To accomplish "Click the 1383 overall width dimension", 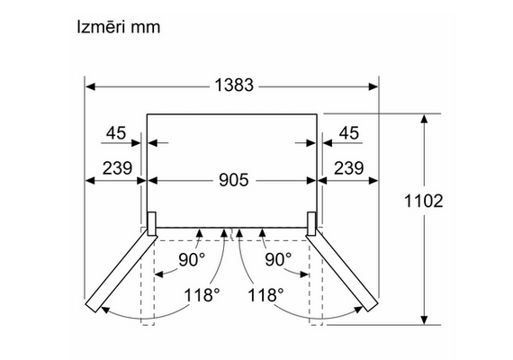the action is pyautogui.click(x=234, y=85).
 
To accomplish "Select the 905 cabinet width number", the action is pyautogui.click(x=234, y=180).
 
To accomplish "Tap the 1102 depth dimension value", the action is pyautogui.click(x=424, y=201).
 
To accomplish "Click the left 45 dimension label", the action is pyautogui.click(x=116, y=133).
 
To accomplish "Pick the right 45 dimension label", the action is pyautogui.click(x=349, y=133).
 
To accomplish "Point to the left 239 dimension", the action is pyautogui.click(x=117, y=168).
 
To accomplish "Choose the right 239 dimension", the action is pyautogui.click(x=349, y=168).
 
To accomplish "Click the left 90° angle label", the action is pyautogui.click(x=192, y=259).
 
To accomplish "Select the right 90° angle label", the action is pyautogui.click(x=278, y=259).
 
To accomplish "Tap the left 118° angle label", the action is pyautogui.click(x=202, y=294).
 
